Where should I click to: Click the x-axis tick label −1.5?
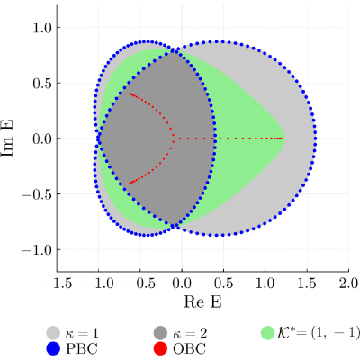pos(58,283)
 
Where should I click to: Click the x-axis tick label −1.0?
pos(99,283)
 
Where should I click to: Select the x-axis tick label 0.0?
pos(182,283)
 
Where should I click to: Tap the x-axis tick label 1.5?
pos(307,283)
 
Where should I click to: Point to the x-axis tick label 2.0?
pos(349,283)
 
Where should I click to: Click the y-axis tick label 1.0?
pos(42,27)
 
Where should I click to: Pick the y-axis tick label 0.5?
pos(42,83)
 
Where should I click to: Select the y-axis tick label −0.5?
pos(36,194)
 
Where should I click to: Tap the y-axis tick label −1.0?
pos(36,249)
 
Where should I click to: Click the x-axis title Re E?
pos(202,301)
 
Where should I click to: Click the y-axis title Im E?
pos(7,138)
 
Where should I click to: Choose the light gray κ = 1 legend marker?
pos(53,333)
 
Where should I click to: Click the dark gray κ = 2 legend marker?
pos(160,333)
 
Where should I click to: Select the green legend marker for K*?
pos(267,333)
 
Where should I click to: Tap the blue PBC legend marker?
pos(53,348)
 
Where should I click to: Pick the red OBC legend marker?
pos(160,348)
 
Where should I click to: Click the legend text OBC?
pos(189,349)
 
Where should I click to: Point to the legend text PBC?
pos(81,349)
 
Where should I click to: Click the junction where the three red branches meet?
pos(174,139)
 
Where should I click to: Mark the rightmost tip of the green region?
pos(284,139)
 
